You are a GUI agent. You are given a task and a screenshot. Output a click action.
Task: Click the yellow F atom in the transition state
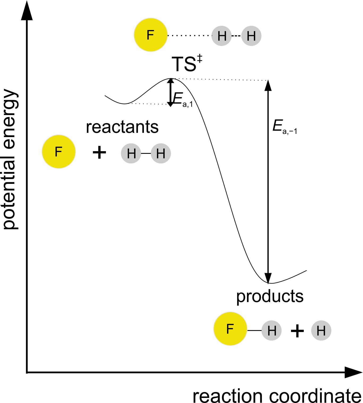pos(151,35)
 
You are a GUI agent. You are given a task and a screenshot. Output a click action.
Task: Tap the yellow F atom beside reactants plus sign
pos(59,152)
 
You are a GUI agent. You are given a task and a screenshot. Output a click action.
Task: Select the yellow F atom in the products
pos(230,329)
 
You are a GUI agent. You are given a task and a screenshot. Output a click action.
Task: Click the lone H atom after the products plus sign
pos(321,330)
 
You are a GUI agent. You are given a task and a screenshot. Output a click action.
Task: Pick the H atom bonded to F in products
pos(272,330)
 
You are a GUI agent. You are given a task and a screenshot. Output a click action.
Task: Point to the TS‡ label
pos(187,64)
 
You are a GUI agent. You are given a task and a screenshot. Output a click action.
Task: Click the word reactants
pos(122,127)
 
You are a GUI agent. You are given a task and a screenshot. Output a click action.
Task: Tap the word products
pos(270,296)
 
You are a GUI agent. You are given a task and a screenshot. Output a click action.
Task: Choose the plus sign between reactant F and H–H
pos(99,153)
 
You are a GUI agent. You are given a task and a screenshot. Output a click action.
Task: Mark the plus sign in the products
pos(297,331)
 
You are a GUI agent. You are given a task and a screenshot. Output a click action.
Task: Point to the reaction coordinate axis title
pos(277,396)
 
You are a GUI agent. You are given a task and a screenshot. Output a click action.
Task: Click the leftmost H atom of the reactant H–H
pos(131,153)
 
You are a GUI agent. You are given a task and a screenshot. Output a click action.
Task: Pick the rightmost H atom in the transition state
pos(251,36)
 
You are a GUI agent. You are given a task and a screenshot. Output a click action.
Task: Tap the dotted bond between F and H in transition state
pos(189,35)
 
